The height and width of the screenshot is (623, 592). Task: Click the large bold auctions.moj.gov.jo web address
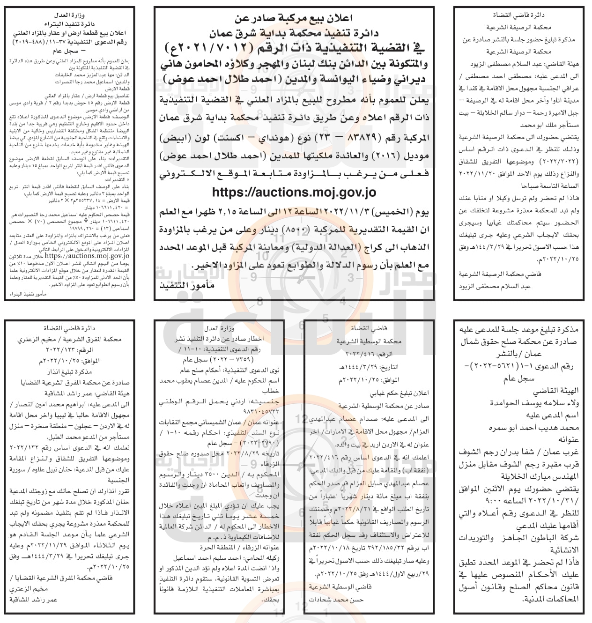pos(294,192)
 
